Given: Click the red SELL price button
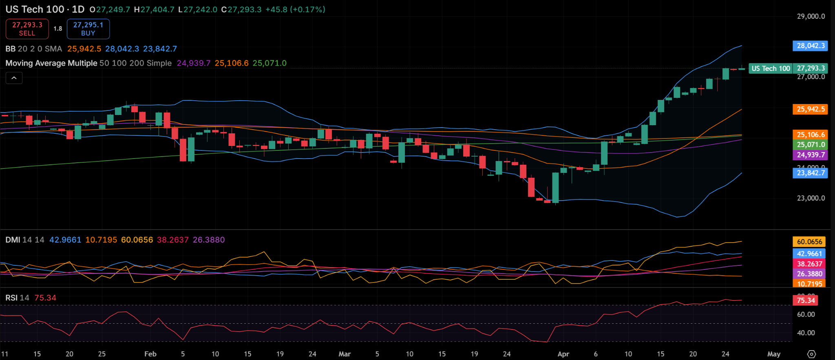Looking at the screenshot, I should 27,29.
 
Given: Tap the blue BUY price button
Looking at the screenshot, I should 88,29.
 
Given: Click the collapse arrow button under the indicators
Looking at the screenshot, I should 14,78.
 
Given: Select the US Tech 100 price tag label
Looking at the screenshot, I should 770,68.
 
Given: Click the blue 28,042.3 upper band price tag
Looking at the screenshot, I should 810,46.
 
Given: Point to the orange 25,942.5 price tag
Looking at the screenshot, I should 810,109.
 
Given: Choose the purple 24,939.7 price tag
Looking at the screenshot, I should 810,155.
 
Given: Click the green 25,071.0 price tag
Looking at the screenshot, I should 810,145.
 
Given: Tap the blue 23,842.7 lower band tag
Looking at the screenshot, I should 810,173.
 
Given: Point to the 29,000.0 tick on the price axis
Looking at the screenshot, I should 811,16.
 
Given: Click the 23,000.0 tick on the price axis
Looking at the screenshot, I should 811,198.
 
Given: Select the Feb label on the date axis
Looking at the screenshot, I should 150,354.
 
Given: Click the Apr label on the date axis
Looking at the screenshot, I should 563,354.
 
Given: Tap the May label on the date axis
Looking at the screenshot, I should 773,354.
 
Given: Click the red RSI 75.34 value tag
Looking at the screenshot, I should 805,300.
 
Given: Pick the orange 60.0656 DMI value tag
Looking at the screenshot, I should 809,242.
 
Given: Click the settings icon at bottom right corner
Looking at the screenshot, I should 811,354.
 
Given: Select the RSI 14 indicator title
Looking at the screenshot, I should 17,298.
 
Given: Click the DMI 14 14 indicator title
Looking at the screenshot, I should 24,240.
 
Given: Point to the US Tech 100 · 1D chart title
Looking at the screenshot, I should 45,9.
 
